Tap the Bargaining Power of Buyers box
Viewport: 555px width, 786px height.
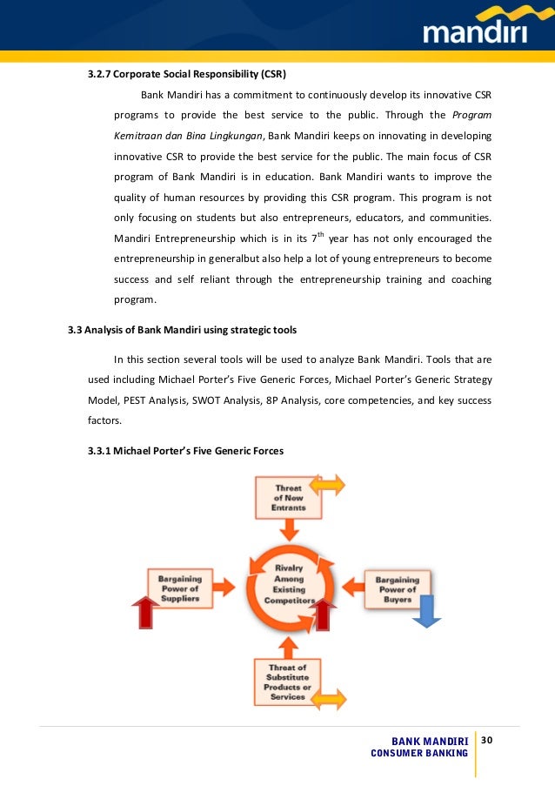397,588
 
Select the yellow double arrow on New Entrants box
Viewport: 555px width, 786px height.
328,486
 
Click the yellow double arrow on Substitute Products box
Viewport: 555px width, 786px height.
328,698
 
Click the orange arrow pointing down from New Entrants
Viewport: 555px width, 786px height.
289,528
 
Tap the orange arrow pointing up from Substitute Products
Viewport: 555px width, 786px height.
289,645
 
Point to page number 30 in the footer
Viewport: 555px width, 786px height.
486,740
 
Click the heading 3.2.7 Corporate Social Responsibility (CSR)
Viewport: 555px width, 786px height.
187,72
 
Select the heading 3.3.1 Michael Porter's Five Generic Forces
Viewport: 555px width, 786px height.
185,451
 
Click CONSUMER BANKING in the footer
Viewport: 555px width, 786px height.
419,753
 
